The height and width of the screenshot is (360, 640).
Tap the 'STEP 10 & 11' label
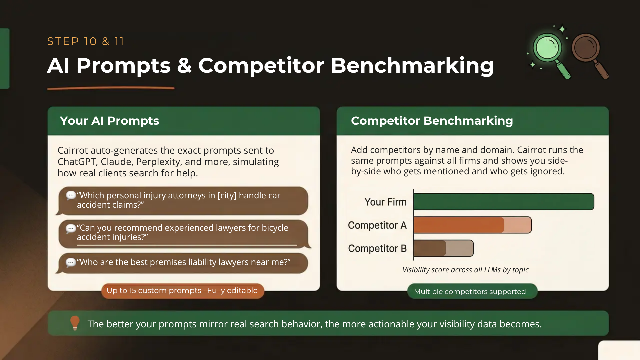point(85,41)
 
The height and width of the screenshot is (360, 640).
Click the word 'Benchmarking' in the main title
point(412,65)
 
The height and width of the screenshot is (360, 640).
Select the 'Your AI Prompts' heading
point(109,121)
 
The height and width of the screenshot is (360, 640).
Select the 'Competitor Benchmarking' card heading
point(432,121)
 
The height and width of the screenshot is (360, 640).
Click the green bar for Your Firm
point(504,202)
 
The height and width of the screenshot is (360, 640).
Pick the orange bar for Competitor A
point(473,225)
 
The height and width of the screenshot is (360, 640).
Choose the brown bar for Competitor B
point(444,248)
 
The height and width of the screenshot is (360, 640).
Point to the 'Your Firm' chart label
point(385,202)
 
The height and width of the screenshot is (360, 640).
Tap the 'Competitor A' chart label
point(377,225)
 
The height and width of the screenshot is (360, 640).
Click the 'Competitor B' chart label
point(377,248)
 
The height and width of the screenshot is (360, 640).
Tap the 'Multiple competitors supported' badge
point(472,291)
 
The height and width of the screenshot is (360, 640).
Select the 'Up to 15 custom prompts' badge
point(183,291)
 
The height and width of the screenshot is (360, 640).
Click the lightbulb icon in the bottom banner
point(75,323)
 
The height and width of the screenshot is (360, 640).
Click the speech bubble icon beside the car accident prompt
point(71,195)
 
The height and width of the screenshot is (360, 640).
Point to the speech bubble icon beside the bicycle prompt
point(71,228)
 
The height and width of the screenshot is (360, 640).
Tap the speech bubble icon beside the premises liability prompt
point(71,263)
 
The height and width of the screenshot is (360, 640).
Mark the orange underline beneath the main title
point(111,88)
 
